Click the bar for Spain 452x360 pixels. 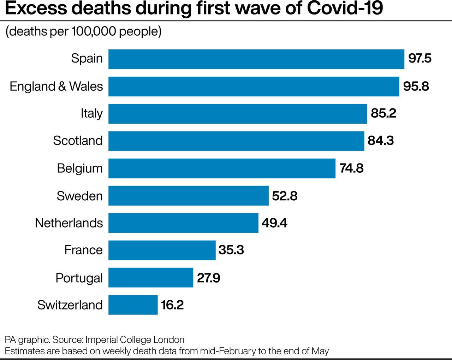click(x=256, y=59)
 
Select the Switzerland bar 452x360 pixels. click(x=133, y=305)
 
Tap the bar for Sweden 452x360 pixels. click(x=188, y=195)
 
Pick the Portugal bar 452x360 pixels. click(x=150, y=277)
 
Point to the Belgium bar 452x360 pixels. click(x=222, y=168)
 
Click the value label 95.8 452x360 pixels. click(x=416, y=86)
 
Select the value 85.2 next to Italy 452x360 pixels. click(x=383, y=113)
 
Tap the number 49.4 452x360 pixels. click(x=274, y=223)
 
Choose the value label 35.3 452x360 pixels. click(x=231, y=250)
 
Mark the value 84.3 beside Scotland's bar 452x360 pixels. click(x=380, y=141)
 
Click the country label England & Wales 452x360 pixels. click(x=56, y=86)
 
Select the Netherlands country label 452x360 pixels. click(x=69, y=223)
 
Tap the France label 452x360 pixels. click(x=83, y=250)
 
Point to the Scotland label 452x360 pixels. click(x=78, y=141)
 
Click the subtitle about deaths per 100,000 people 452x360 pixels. click(x=83, y=31)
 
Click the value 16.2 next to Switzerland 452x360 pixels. click(x=172, y=305)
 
